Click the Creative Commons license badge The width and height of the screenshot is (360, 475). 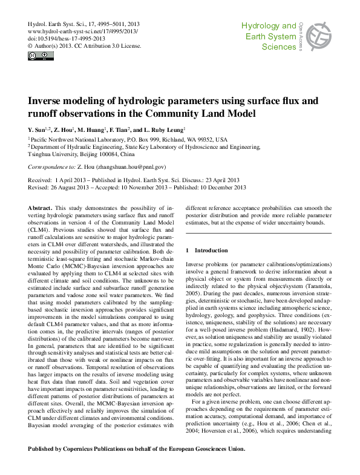pos(37,56)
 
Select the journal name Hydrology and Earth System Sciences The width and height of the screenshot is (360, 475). pos(269,36)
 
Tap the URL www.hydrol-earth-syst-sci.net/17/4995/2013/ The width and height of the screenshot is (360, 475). pos(83,30)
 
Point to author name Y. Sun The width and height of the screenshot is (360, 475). pos(38,130)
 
